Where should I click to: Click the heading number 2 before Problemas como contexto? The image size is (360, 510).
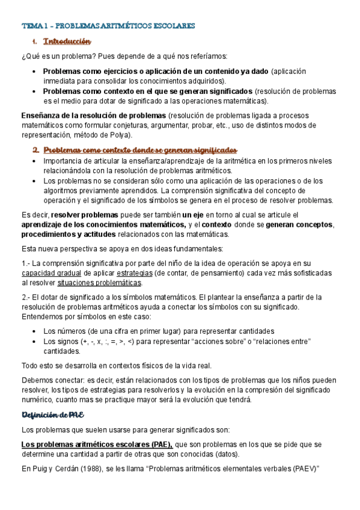[35, 149]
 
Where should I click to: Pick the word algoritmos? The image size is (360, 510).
[62, 191]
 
